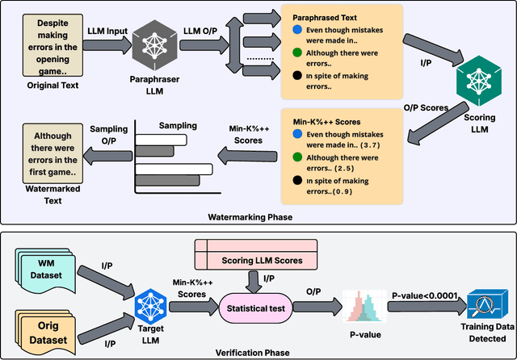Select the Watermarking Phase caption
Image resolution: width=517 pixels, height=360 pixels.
[250, 217]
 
